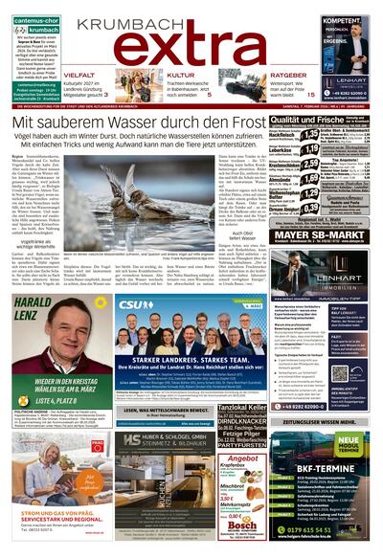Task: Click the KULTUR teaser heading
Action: pyautogui.click(x=182, y=75)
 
